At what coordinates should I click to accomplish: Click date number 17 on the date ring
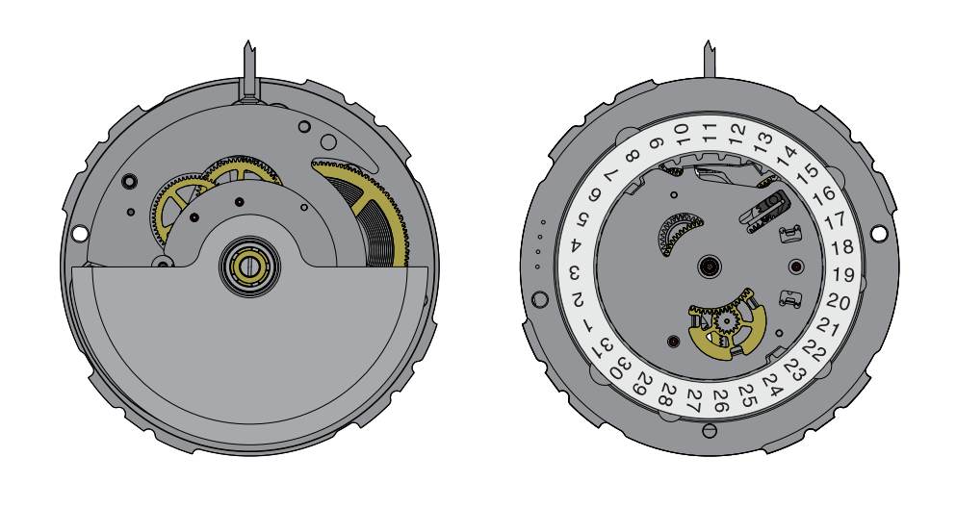coord(835,219)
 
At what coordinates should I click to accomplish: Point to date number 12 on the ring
coord(737,130)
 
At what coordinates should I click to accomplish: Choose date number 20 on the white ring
coord(839,301)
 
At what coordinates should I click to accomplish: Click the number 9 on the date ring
coord(656,143)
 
